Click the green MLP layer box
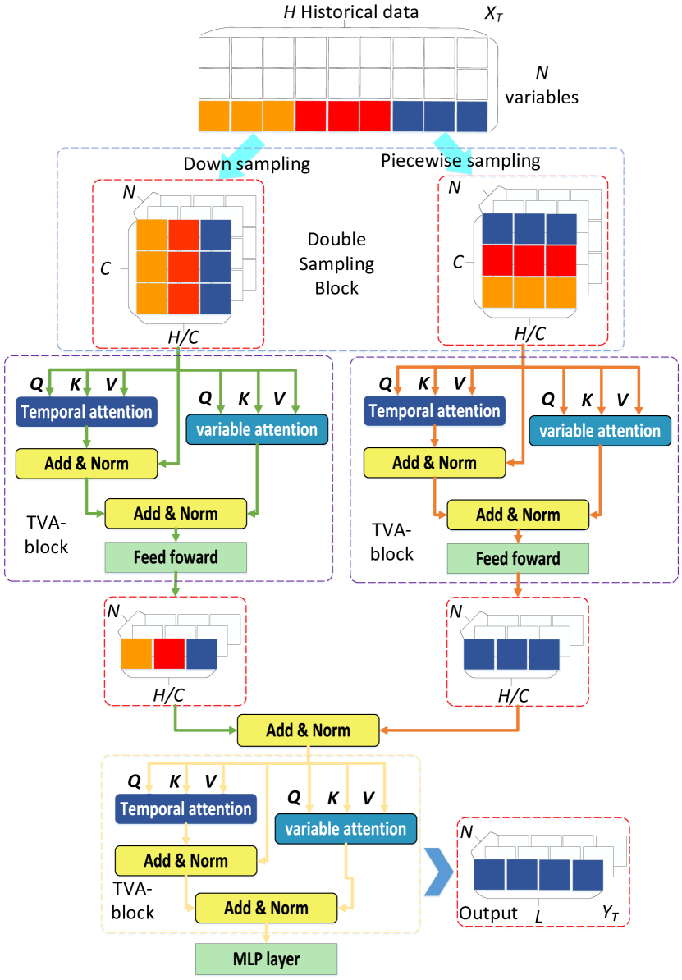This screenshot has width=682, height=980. [266, 959]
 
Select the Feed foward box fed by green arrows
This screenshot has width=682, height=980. [176, 557]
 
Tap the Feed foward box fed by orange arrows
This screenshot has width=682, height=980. [518, 559]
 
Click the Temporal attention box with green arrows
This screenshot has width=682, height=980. [86, 412]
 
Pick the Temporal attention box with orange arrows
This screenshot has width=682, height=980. [434, 411]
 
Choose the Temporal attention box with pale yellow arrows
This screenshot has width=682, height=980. [185, 809]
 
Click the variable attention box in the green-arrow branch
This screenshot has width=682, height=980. [257, 429]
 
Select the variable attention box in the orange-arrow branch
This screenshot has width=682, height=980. [600, 431]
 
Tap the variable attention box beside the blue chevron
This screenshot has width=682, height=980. [346, 829]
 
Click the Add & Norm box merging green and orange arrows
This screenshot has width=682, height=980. [308, 730]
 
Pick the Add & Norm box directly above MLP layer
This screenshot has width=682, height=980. [266, 909]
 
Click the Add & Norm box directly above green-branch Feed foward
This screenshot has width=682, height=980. [176, 515]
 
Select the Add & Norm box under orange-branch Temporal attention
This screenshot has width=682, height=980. [434, 463]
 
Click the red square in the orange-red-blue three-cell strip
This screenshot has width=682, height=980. [169, 654]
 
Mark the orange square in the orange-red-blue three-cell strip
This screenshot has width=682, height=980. [136, 654]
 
